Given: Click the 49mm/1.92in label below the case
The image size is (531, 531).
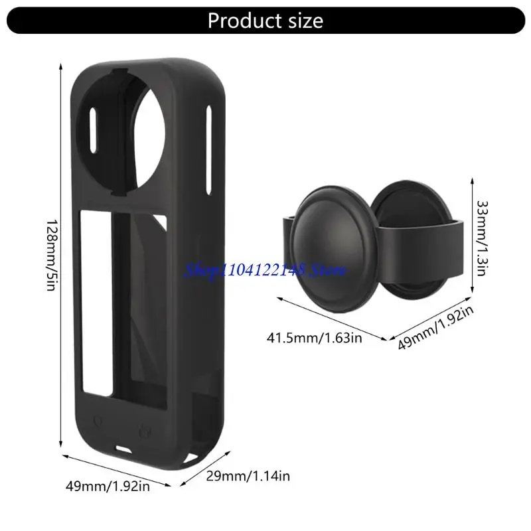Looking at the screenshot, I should pos(108,486).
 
